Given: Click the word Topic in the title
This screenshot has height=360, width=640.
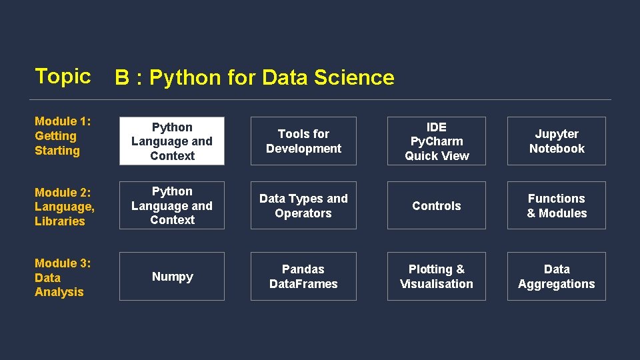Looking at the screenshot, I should [63, 76].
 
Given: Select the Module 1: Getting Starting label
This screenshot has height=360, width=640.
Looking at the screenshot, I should [63, 136].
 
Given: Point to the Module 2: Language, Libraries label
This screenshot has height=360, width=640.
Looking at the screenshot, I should [65, 207].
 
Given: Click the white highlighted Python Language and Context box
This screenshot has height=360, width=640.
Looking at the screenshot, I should [172, 141].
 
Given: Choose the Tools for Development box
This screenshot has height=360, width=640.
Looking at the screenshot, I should [303, 141].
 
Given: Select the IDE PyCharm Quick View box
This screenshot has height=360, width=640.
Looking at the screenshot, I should [437, 141].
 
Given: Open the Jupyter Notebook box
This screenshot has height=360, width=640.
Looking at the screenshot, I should [557, 141].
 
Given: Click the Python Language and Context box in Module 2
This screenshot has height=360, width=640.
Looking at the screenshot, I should [172, 205].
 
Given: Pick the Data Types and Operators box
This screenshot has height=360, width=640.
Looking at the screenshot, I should [303, 205].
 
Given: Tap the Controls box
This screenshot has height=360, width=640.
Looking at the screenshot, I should [437, 206].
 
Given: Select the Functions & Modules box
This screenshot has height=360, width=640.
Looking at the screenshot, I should [557, 205].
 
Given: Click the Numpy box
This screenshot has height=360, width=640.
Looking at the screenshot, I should [172, 277].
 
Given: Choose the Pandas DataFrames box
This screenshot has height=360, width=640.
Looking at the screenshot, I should [303, 277].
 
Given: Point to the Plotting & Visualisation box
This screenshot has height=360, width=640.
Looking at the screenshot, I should [437, 277].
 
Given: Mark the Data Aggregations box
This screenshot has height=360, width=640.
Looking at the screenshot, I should [557, 277].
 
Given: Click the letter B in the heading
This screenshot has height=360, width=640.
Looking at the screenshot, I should [122, 78].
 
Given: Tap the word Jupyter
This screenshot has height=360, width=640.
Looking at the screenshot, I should [557, 134].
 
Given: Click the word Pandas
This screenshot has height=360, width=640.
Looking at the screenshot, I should [303, 269].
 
